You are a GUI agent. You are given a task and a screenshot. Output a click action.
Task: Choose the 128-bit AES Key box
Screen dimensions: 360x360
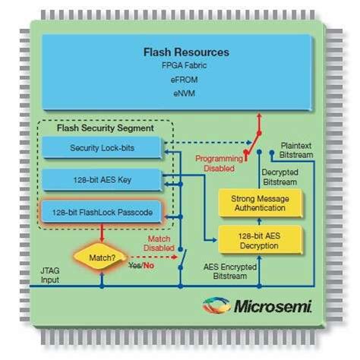click(x=102, y=180)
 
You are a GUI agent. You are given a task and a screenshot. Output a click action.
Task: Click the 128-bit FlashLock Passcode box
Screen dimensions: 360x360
click(x=103, y=213)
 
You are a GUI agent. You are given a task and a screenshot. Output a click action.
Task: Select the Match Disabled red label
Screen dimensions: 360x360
click(x=157, y=242)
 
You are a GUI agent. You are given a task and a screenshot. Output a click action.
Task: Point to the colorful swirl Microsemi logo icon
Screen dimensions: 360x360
click(x=217, y=305)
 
